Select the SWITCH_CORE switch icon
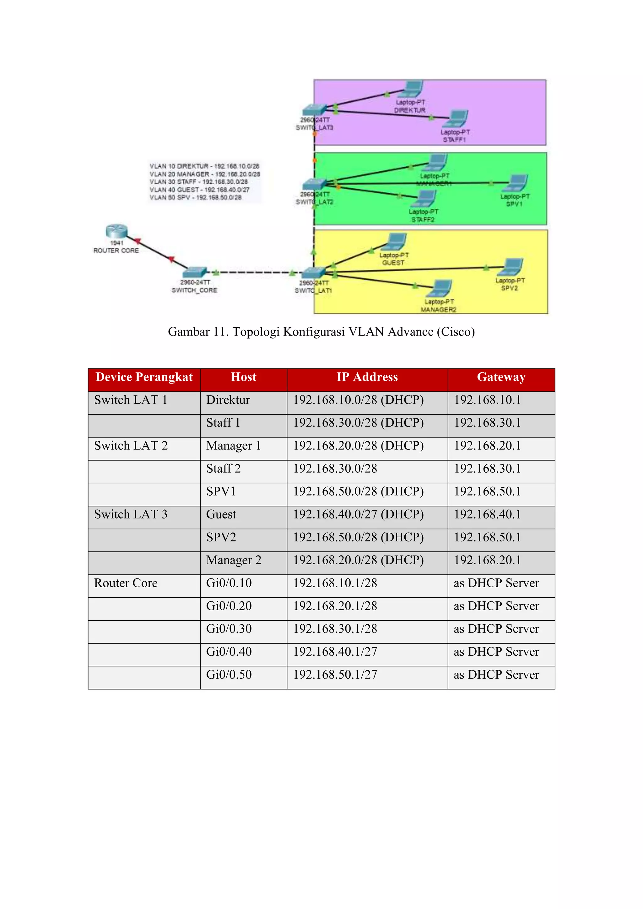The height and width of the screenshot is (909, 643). [194, 272]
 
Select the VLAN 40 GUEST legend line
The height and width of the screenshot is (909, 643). [199, 190]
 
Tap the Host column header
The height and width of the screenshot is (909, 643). [244, 377]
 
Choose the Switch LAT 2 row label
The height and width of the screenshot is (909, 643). [131, 446]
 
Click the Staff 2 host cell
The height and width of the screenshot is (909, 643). [223, 469]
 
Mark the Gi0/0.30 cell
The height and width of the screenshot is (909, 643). [229, 629]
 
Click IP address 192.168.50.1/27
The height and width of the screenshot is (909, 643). [335, 675]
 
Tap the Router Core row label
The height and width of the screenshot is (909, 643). [126, 583]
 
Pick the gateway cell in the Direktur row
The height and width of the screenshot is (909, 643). [487, 400]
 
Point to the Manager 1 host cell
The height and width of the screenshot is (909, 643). [233, 446]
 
